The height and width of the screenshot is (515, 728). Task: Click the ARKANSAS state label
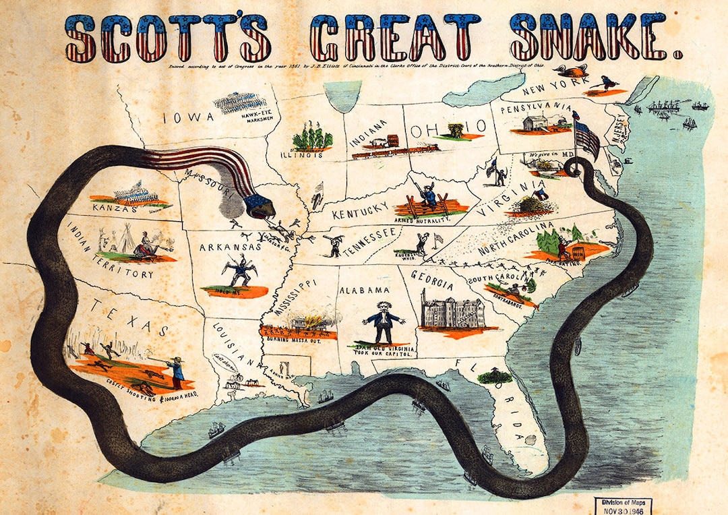230,247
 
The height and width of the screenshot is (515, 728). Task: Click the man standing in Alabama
384,322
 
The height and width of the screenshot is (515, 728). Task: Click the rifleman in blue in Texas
177,372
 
